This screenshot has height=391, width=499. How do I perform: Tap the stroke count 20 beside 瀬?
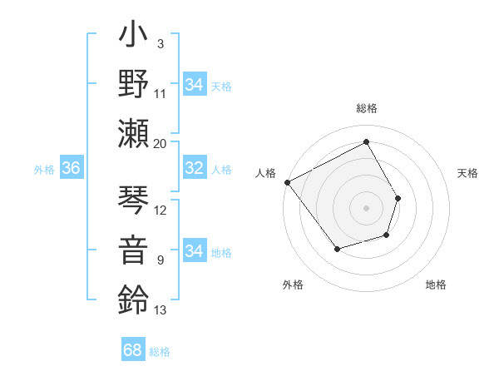click(161, 143)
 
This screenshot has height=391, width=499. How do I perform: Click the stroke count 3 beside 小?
click(160, 42)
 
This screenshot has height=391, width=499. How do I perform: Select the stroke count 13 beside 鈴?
click(161, 310)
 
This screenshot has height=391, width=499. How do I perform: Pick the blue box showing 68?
click(133, 350)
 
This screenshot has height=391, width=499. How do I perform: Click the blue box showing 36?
click(71, 169)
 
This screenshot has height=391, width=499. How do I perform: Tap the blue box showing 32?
click(194, 169)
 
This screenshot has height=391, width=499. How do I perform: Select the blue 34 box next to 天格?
click(194, 85)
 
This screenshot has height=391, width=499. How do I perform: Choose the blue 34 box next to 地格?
click(194, 252)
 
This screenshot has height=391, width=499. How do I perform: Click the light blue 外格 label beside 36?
click(44, 170)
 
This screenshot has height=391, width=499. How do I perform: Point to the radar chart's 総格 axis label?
click(366, 108)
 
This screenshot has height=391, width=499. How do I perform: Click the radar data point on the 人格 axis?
click(287, 182)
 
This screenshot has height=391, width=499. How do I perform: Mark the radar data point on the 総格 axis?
click(366, 141)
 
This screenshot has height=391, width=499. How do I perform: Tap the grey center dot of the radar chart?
click(366, 208)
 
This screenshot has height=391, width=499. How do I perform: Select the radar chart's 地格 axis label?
click(436, 285)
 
